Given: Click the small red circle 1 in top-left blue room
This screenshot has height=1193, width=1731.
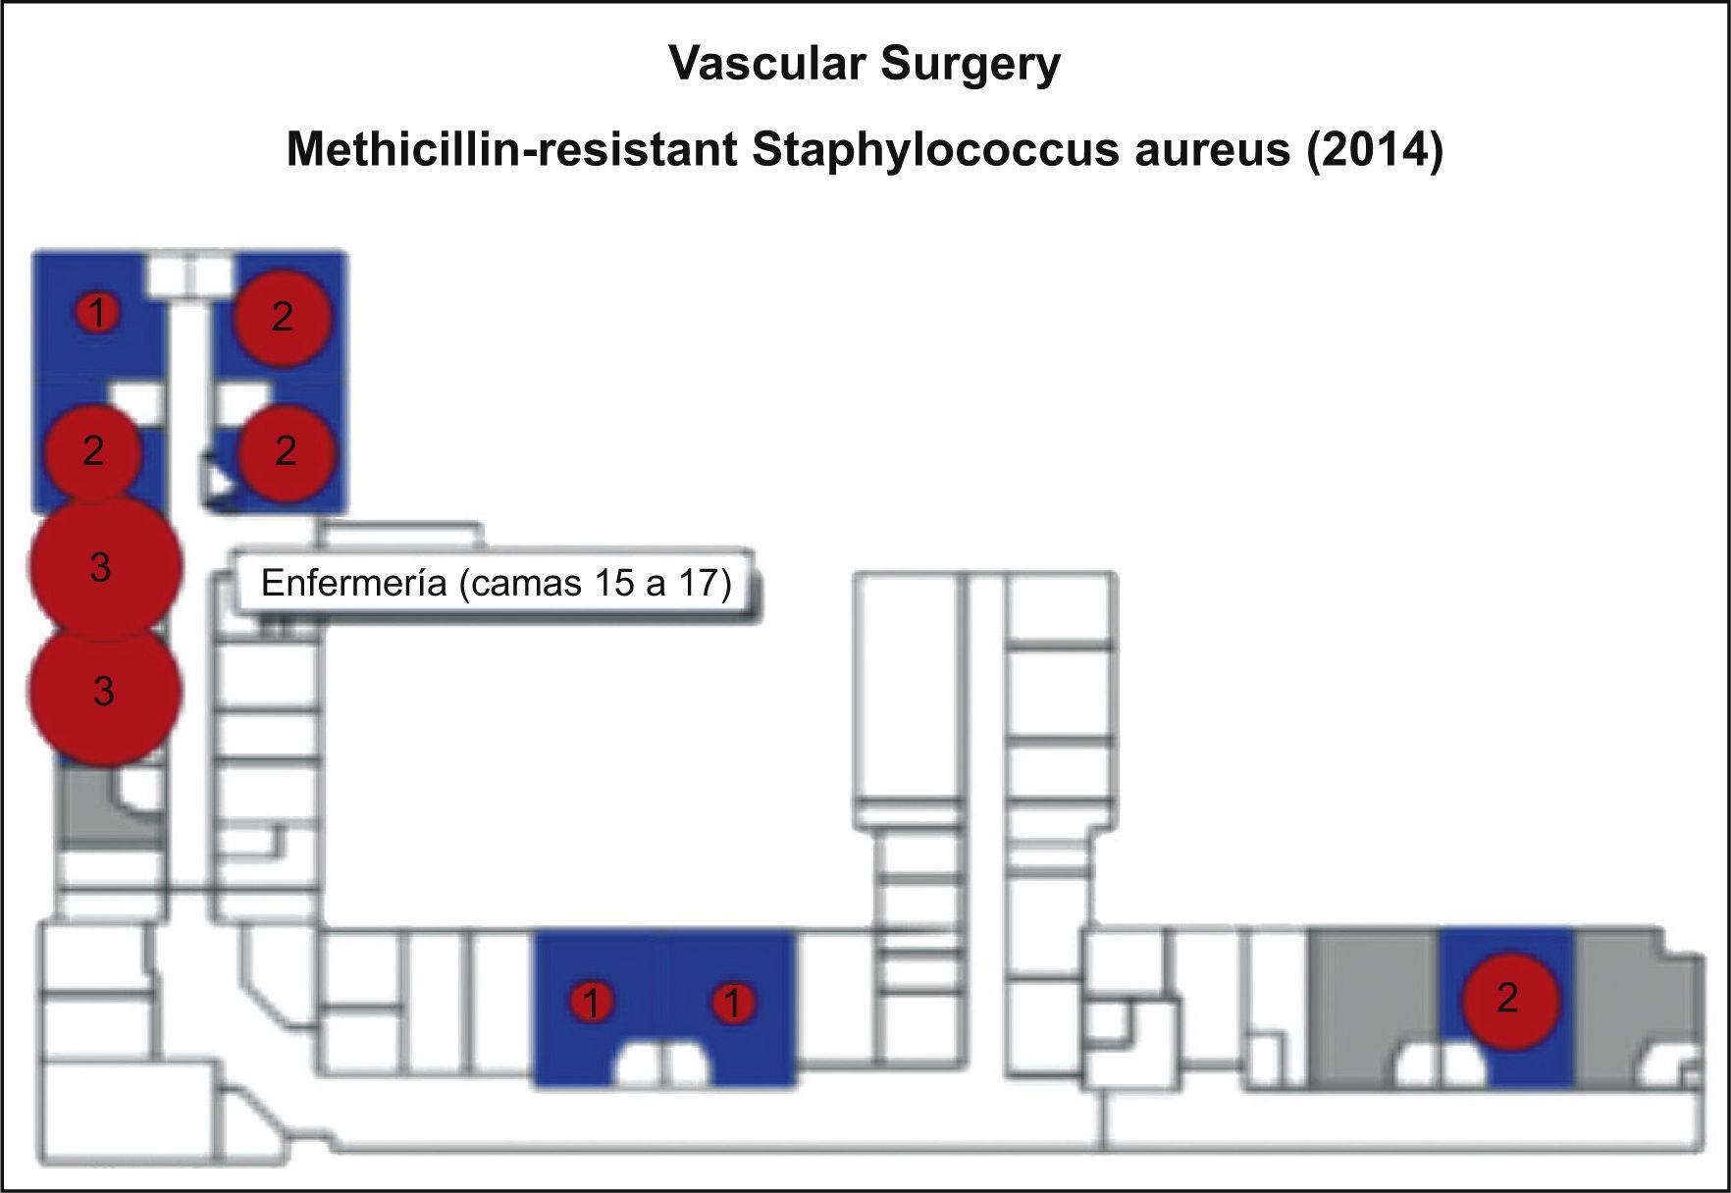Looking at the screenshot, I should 97,314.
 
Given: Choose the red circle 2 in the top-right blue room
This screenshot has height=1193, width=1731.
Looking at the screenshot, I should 282,317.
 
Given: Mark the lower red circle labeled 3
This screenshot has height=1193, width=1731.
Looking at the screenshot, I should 103,693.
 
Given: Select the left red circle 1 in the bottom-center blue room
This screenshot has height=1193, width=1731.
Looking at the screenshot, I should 592,1003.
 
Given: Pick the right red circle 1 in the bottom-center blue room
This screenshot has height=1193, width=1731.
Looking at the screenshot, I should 731,1003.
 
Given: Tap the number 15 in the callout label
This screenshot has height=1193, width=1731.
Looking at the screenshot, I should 615,584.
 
